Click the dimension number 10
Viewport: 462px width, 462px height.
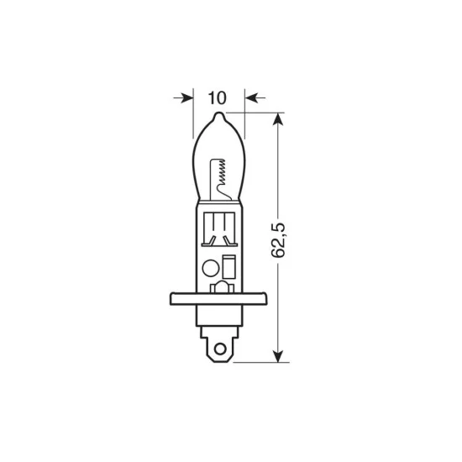[x=218, y=97]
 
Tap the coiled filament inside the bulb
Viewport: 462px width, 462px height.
[x=221, y=173]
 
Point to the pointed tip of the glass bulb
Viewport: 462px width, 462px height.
[x=218, y=118]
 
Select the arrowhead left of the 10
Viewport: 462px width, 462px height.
[x=187, y=97]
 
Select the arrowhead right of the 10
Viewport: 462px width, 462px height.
[x=249, y=97]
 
